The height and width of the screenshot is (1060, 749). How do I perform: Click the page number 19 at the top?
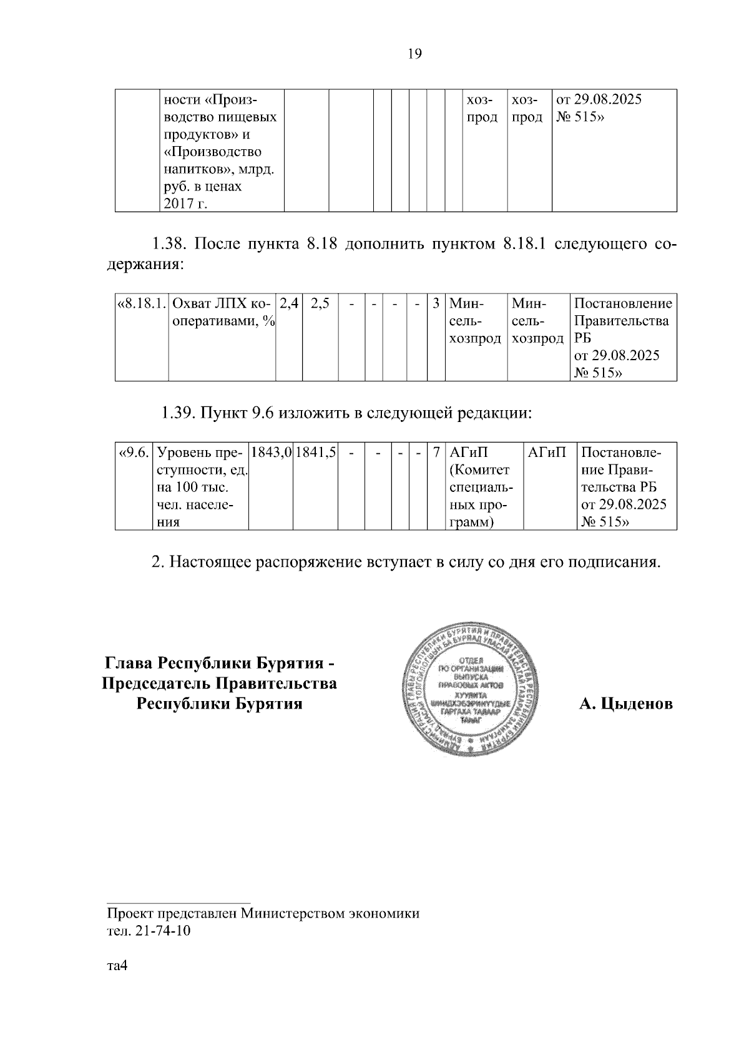(414, 54)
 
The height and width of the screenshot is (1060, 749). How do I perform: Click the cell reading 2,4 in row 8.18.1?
(289, 304)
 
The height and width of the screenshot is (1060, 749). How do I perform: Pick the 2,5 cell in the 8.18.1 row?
(320, 304)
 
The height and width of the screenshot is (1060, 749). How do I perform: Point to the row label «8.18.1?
(142, 304)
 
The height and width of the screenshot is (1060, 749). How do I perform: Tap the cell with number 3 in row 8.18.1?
(436, 304)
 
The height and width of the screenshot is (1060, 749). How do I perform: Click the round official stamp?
(470, 685)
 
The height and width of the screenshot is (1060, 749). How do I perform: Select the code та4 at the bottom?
(117, 966)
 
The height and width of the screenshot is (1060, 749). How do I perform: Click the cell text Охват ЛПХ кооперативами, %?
(222, 313)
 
